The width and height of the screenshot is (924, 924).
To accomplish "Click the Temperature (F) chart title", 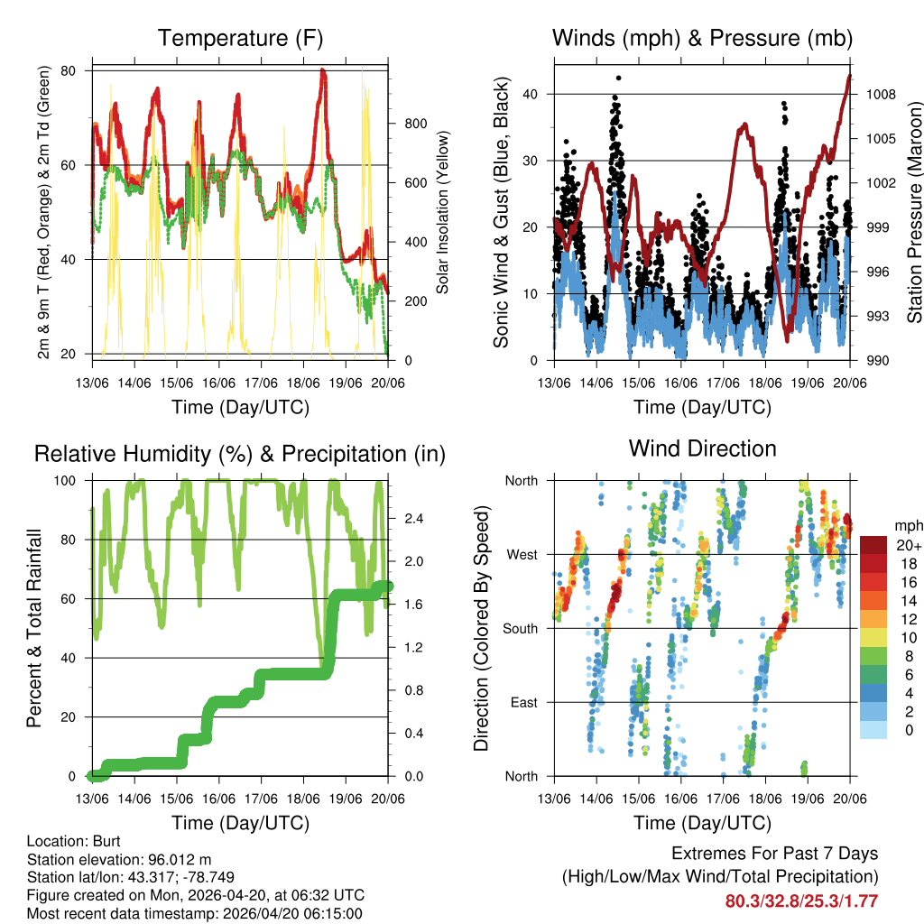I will point(240,38).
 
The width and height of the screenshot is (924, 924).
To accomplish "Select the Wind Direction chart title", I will point(702,448).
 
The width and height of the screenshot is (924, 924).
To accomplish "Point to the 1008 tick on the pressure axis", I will point(873,94).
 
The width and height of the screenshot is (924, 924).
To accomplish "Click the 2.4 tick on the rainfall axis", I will point(404,519).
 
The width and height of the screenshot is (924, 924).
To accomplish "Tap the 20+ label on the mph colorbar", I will point(908,545).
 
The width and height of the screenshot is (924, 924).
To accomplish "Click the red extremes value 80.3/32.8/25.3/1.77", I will point(801,901).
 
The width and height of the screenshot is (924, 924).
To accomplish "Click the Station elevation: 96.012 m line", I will point(119,859).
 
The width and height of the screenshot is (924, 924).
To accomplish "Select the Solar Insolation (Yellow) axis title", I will point(443,212).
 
